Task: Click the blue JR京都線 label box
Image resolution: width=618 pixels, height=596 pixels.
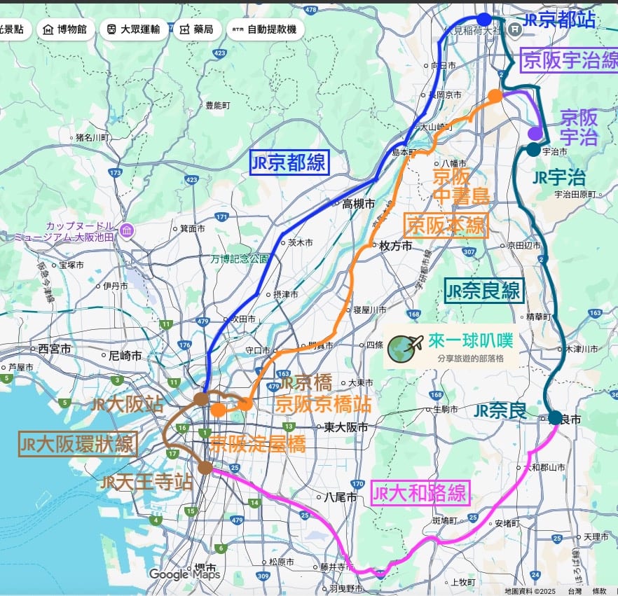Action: pos(289,163)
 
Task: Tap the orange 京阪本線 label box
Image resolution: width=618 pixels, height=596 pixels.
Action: pos(446,226)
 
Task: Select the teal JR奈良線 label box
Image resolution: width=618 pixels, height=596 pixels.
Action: pos(484,291)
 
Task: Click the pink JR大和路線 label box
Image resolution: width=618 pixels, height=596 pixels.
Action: pos(420,494)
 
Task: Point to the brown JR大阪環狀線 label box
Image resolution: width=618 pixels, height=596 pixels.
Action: pos(77,444)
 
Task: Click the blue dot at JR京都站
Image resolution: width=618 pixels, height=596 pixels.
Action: pos(483,19)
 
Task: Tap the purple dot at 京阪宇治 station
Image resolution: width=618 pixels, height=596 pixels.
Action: pos(535,133)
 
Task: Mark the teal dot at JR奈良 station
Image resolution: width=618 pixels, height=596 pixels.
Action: pos(555,417)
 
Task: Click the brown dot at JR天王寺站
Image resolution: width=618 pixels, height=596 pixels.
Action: pos(205,467)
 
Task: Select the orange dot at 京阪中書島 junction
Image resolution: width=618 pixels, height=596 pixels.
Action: pos(495,96)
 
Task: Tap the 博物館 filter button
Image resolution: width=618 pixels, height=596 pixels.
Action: pos(64,29)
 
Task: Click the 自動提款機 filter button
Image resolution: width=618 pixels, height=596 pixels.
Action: pos(264,29)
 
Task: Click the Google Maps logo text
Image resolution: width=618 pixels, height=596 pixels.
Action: pos(184,574)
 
